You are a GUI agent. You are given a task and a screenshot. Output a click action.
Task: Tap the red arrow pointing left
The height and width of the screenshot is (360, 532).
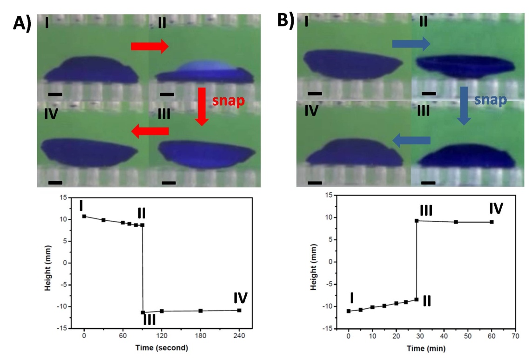(149, 132)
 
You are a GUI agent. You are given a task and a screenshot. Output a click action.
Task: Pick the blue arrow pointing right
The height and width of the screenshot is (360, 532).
(411, 44)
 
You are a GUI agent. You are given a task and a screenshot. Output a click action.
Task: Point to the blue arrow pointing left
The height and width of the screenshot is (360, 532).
(411, 140)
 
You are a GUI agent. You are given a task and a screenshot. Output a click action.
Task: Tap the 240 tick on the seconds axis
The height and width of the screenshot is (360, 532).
(239, 334)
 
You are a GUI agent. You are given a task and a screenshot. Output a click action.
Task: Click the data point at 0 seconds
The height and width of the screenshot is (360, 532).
(84, 216)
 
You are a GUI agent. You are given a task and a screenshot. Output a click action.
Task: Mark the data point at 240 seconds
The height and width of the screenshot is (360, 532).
(239, 310)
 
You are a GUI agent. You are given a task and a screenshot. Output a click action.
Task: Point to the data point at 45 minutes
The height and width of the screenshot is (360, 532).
(456, 222)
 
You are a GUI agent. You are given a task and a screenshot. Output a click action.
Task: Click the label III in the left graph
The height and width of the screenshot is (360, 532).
(149, 320)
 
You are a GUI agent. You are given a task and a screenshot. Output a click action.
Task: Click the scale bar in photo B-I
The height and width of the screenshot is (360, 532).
(315, 94)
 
